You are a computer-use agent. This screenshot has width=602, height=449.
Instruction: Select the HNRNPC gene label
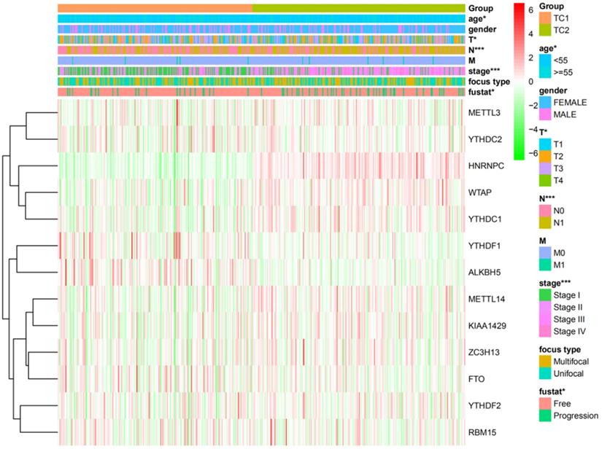(x=485, y=165)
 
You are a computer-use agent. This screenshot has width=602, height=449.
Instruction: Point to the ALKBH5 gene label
(x=483, y=272)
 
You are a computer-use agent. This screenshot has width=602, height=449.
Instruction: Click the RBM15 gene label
(x=482, y=432)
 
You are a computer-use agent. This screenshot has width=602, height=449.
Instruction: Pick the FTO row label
(x=477, y=379)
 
